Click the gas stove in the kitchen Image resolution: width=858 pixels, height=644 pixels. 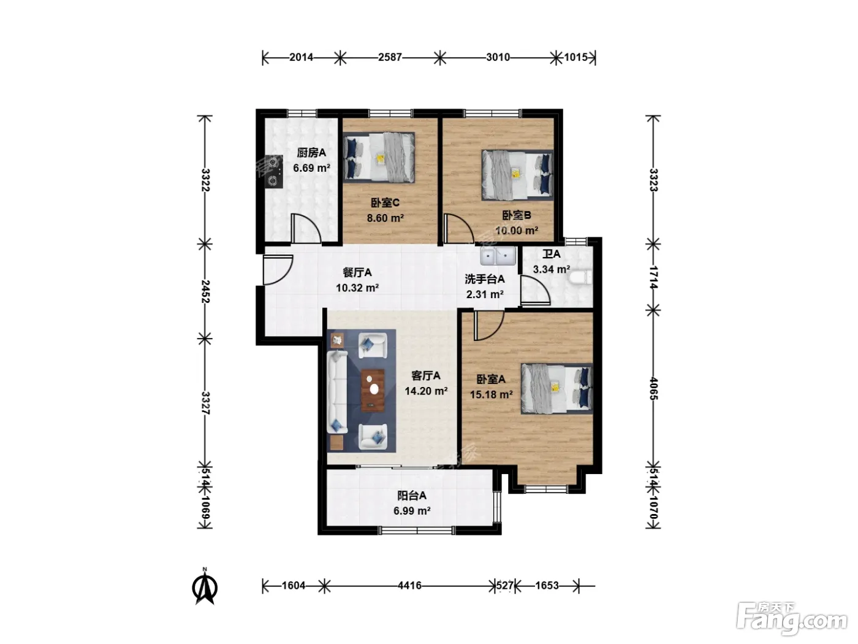tap(273, 172)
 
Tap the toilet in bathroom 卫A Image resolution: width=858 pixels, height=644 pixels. tap(580, 278)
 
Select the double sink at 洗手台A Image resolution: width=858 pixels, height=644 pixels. tap(498, 256)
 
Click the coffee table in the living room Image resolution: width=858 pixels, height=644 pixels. tap(373, 390)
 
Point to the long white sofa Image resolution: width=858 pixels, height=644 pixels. tap(337, 392)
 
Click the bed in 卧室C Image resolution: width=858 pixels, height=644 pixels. tap(378, 157)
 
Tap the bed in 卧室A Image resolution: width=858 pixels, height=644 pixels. tap(556, 388)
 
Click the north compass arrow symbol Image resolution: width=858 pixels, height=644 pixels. tap(205, 588)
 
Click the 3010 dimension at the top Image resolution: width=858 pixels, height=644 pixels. tap(498, 58)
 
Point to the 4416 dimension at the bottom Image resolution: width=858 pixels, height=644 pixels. tap(409, 585)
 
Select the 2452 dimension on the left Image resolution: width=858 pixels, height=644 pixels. tap(205, 291)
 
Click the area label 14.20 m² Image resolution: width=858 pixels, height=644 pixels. tap(426, 391)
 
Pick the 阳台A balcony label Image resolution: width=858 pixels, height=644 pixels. tap(412, 496)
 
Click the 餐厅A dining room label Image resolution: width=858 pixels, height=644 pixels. tap(357, 272)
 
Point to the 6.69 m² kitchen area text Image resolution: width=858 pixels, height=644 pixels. tap(311, 167)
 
